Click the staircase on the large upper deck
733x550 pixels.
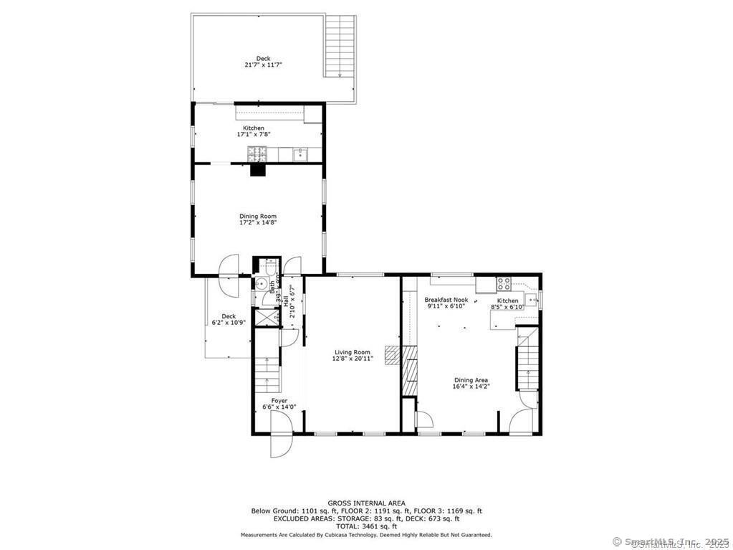pos(340,46)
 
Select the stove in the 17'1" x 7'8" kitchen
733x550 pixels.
pos(257,153)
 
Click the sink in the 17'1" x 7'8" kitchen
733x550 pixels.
pos(301,153)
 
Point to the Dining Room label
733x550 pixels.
pos(258,216)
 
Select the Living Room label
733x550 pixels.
pos(353,352)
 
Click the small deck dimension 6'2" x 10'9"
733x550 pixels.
pos(229,323)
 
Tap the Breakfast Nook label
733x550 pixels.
pos(446,300)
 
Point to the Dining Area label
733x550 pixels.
pos(471,380)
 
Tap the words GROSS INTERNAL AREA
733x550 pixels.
pos(366,503)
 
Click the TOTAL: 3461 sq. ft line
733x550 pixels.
pos(366,526)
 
